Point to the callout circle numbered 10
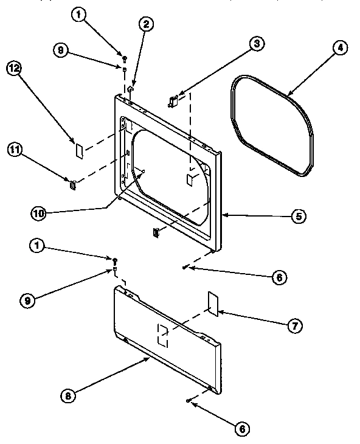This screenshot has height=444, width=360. click(39, 212)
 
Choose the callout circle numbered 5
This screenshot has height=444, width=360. click(299, 215)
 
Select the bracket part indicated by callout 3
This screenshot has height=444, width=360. click(173, 100)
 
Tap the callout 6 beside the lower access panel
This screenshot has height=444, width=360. click(242, 429)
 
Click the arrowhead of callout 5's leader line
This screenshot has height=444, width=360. click(223, 215)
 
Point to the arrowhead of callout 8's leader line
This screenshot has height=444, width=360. click(149, 358)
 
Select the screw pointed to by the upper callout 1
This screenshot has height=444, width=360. click(124, 58)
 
